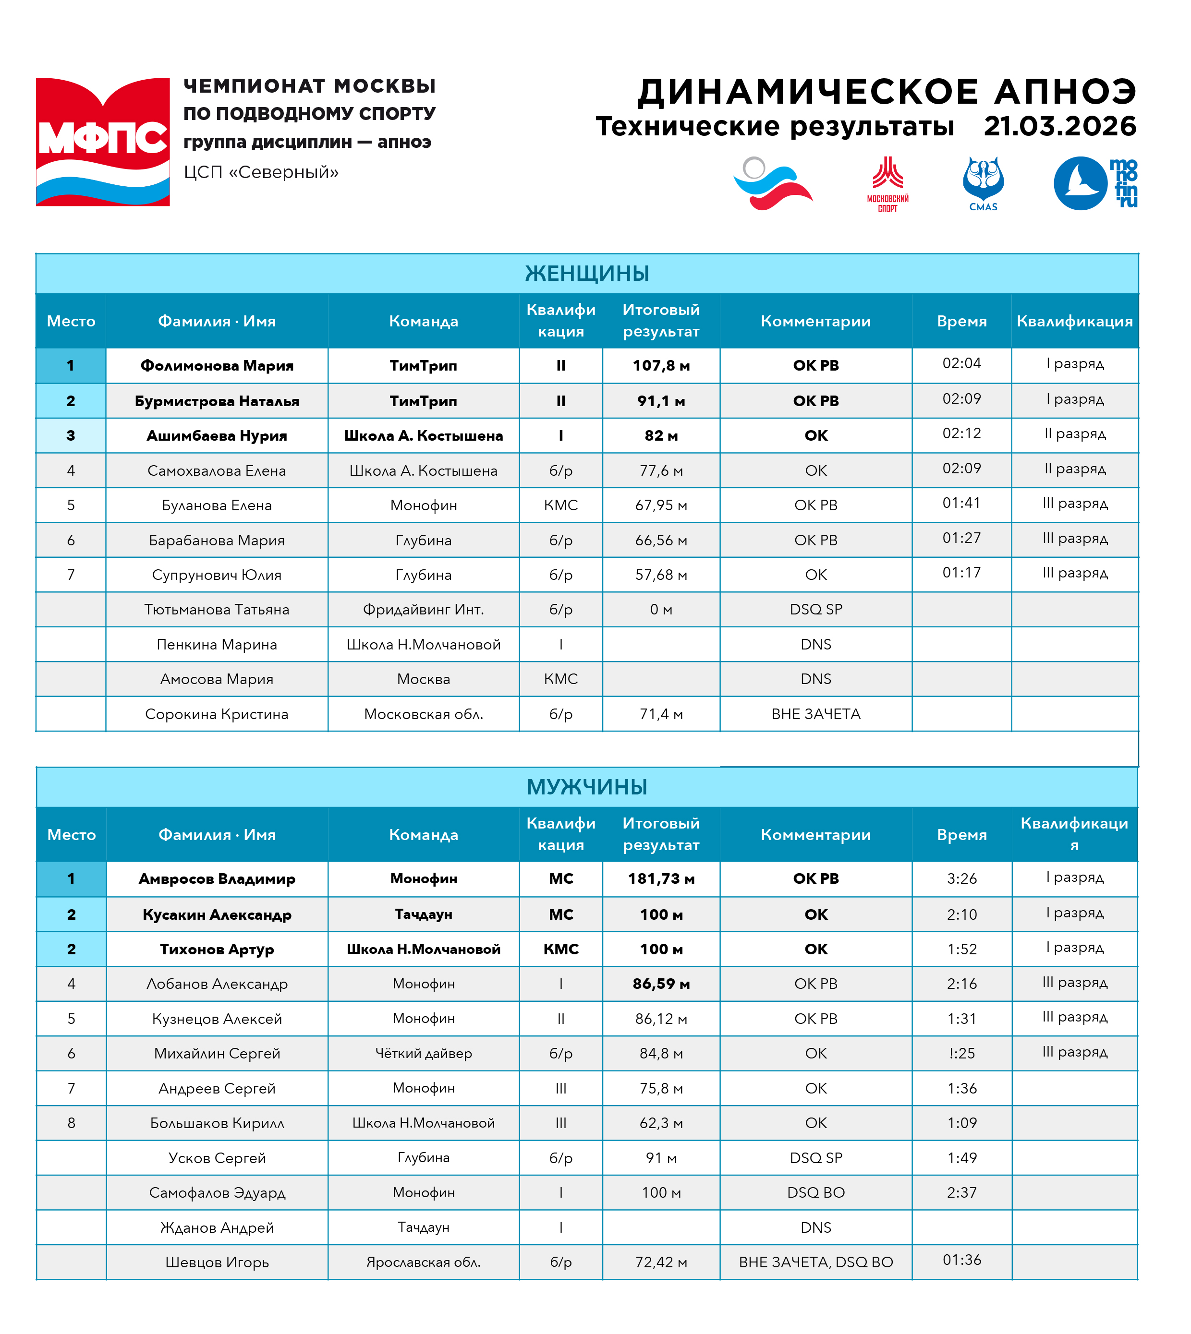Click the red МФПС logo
(103, 142)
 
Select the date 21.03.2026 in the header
(1059, 126)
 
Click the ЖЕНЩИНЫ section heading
(587, 274)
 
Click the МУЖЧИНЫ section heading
(587, 787)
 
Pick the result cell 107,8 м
(661, 366)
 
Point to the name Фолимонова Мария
(217, 366)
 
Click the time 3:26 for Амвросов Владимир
(961, 878)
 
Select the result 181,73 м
(661, 878)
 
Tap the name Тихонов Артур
(217, 949)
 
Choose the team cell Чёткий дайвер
(424, 1053)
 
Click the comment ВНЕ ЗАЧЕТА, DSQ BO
(815, 1262)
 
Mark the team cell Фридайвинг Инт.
(424, 610)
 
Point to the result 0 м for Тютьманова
(661, 610)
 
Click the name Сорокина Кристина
(217, 714)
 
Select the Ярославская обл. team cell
(424, 1262)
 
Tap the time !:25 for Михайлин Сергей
(961, 1053)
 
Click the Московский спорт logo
(887, 183)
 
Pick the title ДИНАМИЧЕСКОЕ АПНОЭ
(887, 92)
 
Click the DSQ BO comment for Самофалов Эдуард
(815, 1193)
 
